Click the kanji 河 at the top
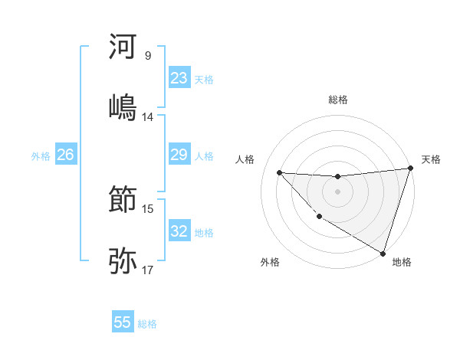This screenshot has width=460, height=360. point(123,47)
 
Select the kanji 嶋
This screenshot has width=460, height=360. point(123,106)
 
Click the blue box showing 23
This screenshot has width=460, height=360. point(179,77)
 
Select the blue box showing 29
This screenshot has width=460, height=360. point(179,155)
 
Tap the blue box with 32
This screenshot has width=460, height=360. point(179,231)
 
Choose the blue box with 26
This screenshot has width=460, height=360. point(65,155)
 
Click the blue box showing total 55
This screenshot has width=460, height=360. point(123,322)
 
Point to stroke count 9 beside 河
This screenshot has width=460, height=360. point(148,56)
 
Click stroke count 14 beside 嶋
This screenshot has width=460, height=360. point(148,117)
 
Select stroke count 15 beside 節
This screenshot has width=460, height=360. point(148,208)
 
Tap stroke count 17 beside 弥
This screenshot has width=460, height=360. point(148,270)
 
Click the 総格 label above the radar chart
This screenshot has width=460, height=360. point(338,100)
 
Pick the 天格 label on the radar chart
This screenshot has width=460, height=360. point(431,159)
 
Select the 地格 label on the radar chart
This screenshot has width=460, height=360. point(402,262)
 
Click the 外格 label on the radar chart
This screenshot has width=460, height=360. point(270,262)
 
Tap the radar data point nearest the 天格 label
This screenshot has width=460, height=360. point(411,169)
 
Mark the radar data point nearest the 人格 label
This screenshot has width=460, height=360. point(279,172)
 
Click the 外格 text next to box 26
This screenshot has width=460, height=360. point(41,156)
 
